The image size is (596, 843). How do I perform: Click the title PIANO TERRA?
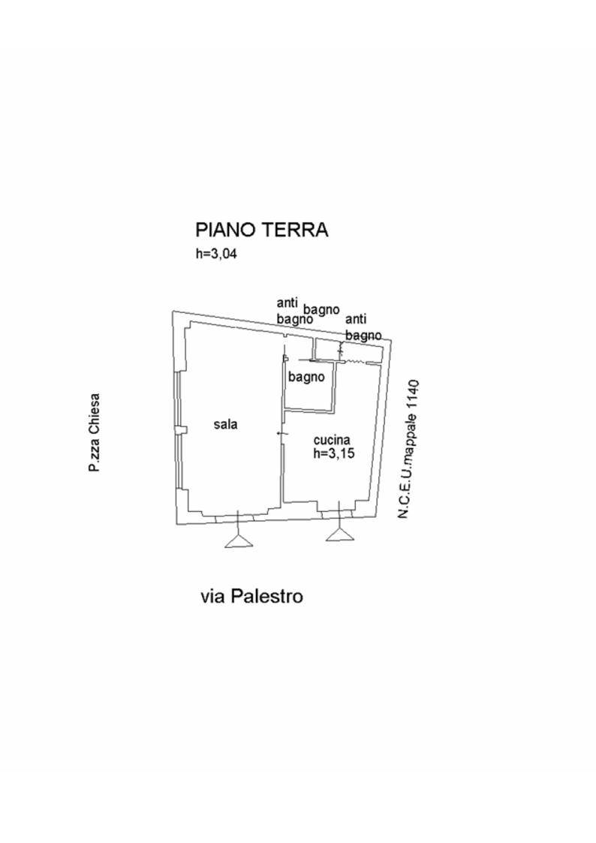[262, 229]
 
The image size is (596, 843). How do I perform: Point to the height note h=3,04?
[216, 254]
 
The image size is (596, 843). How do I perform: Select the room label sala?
[225, 424]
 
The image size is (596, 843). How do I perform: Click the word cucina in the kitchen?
[331, 441]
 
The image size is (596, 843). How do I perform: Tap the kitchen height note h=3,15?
[333, 453]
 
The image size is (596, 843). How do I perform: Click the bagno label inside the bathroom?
[306, 377]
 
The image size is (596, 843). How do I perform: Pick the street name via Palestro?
[251, 596]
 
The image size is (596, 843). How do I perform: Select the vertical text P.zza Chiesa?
[94, 433]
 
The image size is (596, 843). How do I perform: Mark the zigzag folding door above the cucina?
[358, 362]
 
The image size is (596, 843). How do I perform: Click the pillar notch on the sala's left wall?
[180, 429]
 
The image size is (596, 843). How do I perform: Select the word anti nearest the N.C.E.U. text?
[356, 320]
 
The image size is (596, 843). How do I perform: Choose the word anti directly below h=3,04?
[287, 303]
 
